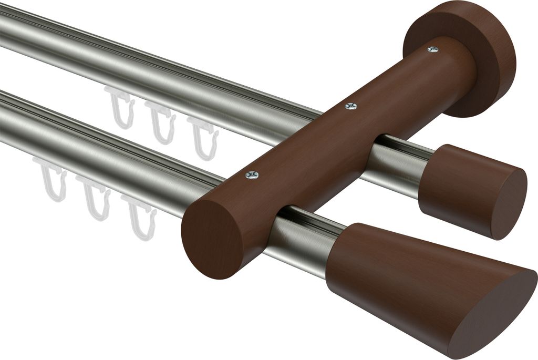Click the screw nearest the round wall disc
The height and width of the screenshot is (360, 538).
pyautogui.click(x=433, y=49)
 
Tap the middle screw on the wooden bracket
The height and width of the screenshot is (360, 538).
pyautogui.click(x=351, y=106)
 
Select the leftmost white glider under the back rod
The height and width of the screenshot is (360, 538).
pyautogui.click(x=120, y=107)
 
